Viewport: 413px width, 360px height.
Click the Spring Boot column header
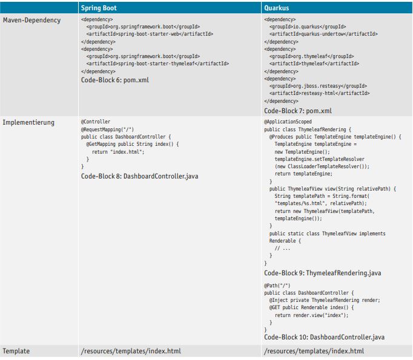click(99, 8)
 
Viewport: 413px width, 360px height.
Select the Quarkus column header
click(277, 8)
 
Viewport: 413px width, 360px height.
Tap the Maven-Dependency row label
click(31, 20)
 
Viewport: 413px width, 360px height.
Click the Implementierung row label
click(28, 122)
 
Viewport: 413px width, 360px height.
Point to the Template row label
click(16, 351)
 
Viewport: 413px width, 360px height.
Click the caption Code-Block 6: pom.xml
click(115, 79)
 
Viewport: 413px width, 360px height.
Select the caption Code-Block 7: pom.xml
click(298, 111)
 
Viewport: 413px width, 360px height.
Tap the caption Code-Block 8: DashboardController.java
click(139, 176)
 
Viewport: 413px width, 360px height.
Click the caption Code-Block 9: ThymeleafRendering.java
click(322, 273)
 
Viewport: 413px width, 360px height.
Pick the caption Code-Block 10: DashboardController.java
click(324, 337)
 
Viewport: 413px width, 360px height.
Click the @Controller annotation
click(96, 122)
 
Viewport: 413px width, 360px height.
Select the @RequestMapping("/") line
click(107, 129)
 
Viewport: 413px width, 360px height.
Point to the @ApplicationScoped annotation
click(288, 122)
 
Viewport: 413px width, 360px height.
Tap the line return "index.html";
click(118, 152)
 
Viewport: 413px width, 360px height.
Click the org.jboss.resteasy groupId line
click(318, 86)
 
